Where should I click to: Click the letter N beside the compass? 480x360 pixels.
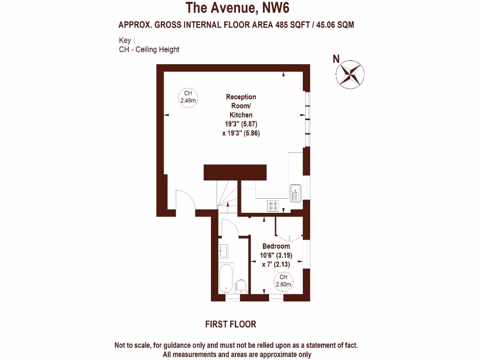[x=336, y=59]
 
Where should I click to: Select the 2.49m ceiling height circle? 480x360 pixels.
[x=187, y=97]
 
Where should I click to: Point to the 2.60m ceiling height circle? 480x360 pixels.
[x=283, y=281]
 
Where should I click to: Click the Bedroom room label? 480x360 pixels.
[x=276, y=246]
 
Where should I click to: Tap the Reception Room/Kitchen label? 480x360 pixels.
[x=241, y=106]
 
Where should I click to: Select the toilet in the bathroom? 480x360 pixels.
[x=241, y=286]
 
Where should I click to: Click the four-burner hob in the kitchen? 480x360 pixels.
[x=273, y=205]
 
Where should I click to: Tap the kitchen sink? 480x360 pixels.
[x=296, y=193]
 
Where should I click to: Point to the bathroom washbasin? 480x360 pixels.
[x=223, y=251]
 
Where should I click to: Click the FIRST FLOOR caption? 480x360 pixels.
[x=231, y=324]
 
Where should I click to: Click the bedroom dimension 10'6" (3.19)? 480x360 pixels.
[x=276, y=255]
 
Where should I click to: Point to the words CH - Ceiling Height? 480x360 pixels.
[x=149, y=49]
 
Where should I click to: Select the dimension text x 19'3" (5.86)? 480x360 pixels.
[x=241, y=133]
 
